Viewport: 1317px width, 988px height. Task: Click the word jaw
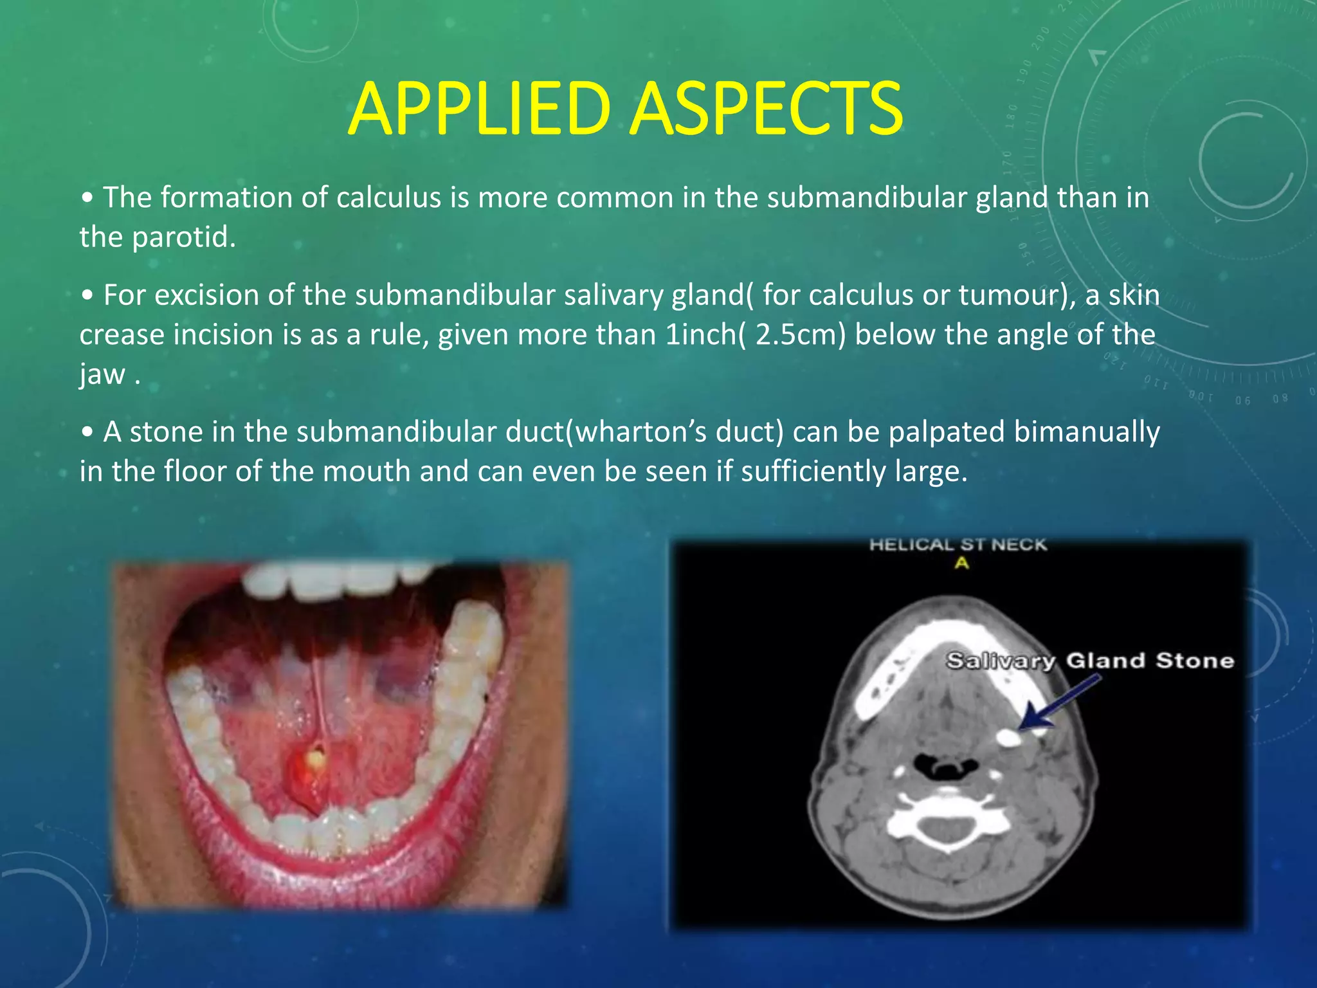[x=102, y=375]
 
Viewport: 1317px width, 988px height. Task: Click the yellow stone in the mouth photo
[x=316, y=759]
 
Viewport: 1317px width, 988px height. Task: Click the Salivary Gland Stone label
[x=1089, y=661]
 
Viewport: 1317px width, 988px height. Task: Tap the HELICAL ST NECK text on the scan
[x=958, y=545]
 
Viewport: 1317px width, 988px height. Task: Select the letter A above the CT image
[x=961, y=563]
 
